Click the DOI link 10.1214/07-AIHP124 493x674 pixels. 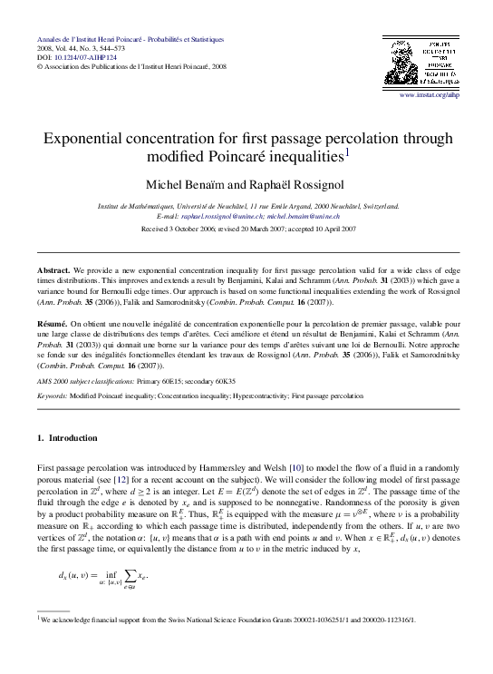pyautogui.click(x=79, y=57)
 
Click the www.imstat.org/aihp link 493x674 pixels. pyautogui.click(x=435, y=94)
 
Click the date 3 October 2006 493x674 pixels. pyautogui.click(x=191, y=230)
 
